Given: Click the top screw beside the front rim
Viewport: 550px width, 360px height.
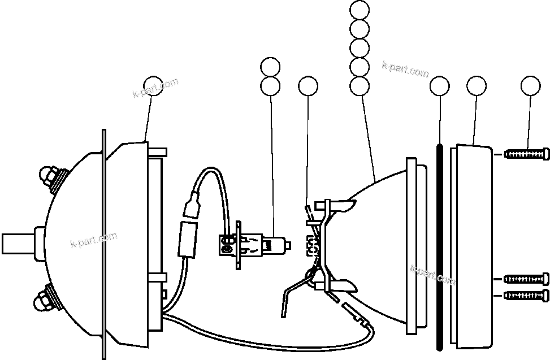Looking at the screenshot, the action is point(526,154).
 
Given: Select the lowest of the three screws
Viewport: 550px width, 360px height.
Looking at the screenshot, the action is point(526,294).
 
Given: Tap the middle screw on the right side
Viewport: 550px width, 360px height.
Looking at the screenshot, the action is point(526,278).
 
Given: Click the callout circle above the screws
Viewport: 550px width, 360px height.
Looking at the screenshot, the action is point(530,86).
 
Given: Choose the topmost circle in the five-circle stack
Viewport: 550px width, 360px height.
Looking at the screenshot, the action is point(360,10).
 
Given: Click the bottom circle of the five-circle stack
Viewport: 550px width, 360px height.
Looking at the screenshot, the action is point(360,86).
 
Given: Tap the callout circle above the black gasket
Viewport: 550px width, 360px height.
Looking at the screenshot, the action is point(439,86).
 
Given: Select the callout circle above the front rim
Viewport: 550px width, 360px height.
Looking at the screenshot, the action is point(477,86).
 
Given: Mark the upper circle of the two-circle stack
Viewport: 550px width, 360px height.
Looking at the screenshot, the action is point(270,67).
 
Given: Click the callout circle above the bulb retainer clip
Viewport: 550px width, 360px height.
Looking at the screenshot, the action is point(308,86).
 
